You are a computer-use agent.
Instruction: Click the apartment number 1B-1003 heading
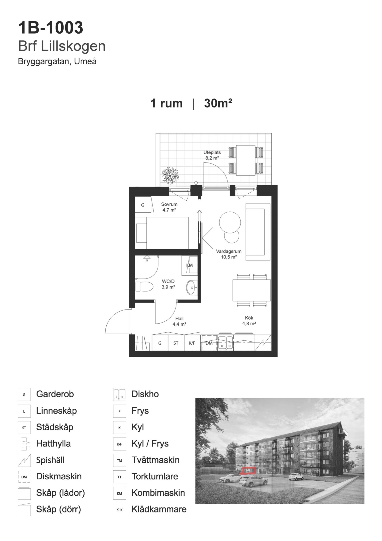51,28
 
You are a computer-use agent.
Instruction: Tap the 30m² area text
218,103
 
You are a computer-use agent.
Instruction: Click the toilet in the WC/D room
144,287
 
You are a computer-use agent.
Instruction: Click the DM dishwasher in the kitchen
209,343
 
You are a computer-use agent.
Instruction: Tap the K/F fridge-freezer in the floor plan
192,343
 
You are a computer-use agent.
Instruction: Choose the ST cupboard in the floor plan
176,343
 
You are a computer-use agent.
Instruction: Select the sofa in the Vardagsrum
258,232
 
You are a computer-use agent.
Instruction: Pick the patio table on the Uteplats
246,160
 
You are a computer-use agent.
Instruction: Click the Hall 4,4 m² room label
179,321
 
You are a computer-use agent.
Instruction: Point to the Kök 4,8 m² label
249,321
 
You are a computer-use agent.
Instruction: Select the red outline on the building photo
248,471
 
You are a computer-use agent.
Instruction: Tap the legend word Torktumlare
155,476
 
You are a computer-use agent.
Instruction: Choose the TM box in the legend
119,460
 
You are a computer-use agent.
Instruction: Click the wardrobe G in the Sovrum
143,205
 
